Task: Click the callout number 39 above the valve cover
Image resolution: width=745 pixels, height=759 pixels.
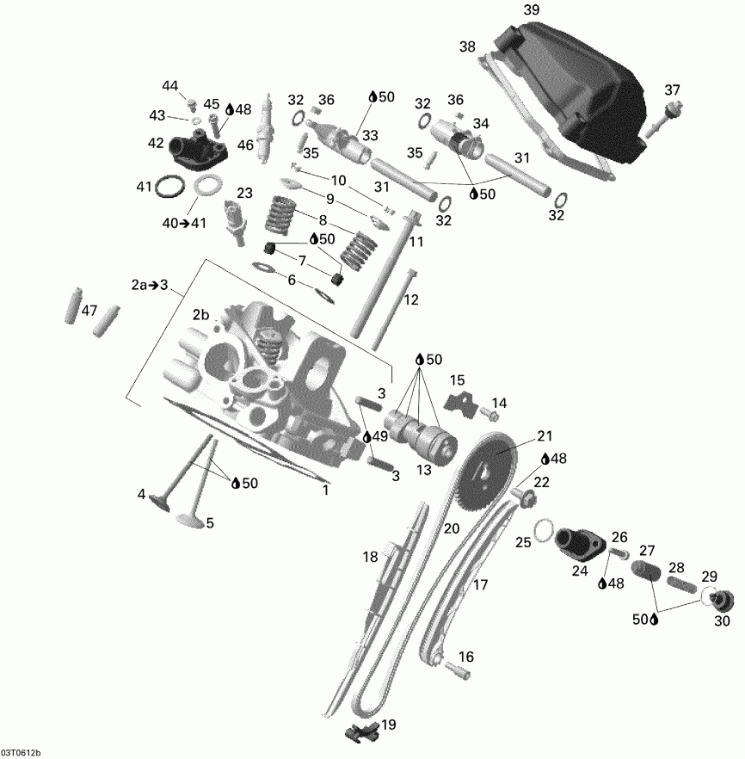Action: [532, 9]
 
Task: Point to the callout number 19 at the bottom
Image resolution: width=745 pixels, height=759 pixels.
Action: [389, 724]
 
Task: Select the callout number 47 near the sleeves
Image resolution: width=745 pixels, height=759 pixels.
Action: [89, 311]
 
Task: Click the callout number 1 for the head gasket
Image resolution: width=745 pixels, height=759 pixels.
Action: [325, 491]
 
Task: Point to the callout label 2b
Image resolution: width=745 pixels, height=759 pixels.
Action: [201, 314]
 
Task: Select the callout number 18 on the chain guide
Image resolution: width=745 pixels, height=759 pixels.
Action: [370, 558]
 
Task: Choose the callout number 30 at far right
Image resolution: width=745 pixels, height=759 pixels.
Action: [722, 620]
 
